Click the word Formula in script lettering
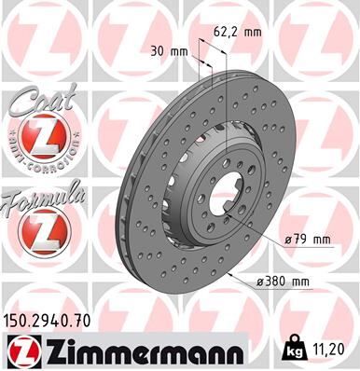click(41, 197)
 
